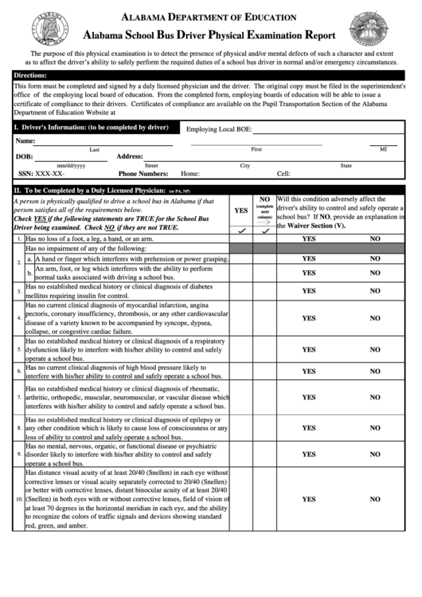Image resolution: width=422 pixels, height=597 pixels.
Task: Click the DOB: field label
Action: point(25,157)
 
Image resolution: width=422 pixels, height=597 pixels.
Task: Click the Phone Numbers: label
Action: point(143,173)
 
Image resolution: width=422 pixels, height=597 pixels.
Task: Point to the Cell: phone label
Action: point(283,173)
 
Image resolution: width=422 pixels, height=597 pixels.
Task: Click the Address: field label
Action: point(130,157)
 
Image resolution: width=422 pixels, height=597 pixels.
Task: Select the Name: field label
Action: point(25,141)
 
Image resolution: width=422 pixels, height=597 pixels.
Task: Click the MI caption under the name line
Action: point(383,149)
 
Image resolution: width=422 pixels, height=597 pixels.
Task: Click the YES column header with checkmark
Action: point(240,211)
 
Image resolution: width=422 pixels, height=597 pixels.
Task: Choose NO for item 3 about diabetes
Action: point(375,291)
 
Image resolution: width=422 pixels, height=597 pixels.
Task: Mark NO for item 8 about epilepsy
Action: point(375,427)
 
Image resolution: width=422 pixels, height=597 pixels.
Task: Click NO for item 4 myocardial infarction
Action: point(375,318)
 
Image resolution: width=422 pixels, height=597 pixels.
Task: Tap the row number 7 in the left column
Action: point(18,397)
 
